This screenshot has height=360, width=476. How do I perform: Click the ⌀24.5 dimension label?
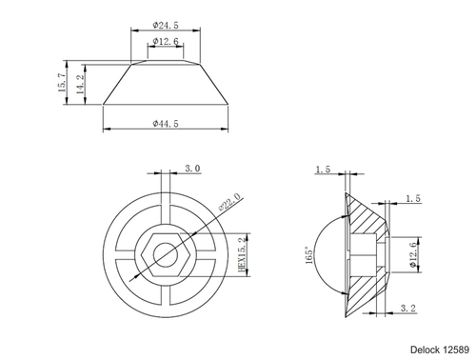[166, 25]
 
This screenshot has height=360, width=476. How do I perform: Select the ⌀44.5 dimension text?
[166, 123]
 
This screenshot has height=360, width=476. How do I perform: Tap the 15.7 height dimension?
[62, 83]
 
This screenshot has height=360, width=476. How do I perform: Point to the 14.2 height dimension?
[81, 84]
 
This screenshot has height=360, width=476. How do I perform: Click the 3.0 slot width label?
[192, 169]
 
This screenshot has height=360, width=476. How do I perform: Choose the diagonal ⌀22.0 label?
[229, 202]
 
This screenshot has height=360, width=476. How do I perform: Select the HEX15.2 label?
[243, 254]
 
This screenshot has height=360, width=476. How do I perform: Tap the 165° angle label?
[308, 255]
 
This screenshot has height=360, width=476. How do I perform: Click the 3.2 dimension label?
[407, 308]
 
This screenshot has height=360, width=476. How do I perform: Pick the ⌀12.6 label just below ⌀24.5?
[166, 41]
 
